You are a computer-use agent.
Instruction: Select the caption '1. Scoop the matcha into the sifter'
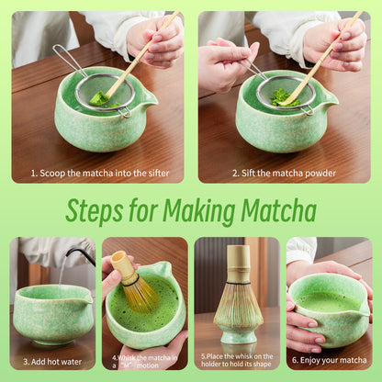97,172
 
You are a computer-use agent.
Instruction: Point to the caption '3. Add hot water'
52,361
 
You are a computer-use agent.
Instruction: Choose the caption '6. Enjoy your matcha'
330,361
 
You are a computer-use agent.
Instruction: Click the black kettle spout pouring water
83,253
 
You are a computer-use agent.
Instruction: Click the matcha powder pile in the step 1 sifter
99,96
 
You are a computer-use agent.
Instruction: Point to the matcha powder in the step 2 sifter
285,95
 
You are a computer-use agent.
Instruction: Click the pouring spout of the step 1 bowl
148,97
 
